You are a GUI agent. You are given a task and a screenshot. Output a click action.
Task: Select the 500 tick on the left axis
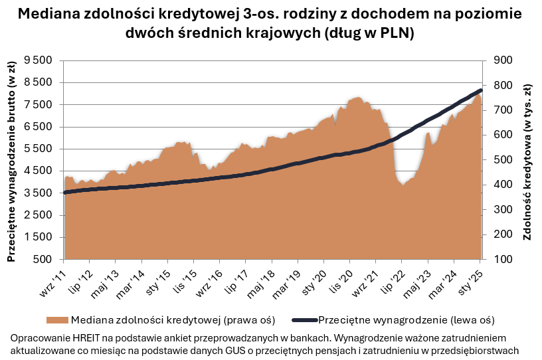(46, 260)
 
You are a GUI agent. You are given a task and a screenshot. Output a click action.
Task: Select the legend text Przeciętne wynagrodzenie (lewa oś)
(399, 319)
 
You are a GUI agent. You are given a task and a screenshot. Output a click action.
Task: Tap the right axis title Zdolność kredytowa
(529, 159)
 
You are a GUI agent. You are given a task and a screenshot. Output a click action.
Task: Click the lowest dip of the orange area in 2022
(403, 185)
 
